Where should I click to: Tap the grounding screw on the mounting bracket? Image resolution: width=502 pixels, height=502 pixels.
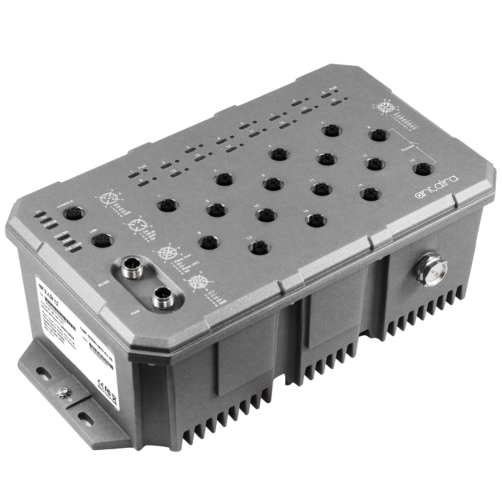(x=66, y=393)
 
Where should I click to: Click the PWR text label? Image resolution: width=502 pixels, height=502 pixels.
(x=135, y=312)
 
